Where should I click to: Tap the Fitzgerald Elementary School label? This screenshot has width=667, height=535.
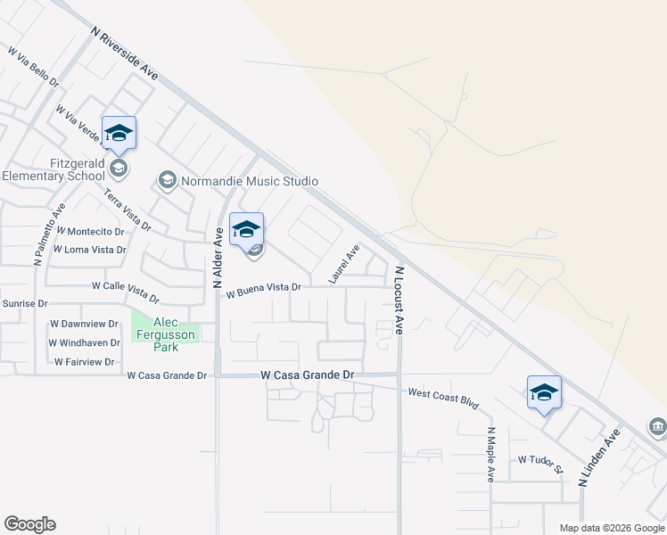[54, 169]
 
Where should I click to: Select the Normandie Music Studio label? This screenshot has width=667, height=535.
[250, 181]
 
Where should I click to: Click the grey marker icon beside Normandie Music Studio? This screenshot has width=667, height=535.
[167, 181]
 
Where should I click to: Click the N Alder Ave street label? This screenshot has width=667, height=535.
[217, 256]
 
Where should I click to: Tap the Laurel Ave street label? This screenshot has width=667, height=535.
[343, 265]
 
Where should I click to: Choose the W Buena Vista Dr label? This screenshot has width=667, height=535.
[264, 291]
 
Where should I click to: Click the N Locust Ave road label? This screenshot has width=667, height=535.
[399, 299]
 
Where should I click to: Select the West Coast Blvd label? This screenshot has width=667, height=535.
[444, 399]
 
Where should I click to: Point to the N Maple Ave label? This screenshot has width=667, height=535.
[490, 455]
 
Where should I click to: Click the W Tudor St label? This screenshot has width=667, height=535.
[541, 465]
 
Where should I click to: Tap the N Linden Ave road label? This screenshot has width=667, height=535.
[598, 457]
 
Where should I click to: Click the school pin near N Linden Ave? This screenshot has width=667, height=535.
[544, 393]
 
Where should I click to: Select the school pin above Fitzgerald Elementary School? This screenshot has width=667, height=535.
[119, 134]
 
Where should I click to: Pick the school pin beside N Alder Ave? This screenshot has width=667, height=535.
[247, 230]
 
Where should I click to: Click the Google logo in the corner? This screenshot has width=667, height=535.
[29, 524]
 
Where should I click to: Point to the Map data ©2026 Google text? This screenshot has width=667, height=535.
[611, 528]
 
